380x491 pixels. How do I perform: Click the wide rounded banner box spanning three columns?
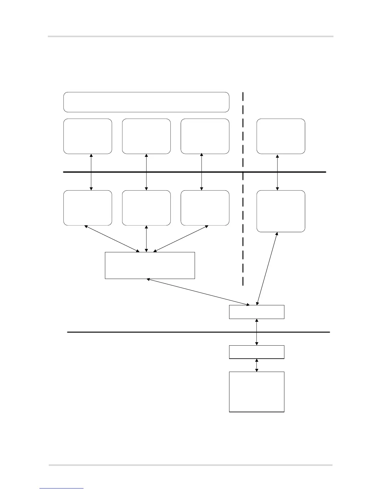[x=146, y=102]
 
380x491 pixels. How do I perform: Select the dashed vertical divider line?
[x=243, y=217]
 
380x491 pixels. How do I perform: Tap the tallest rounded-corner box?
[x=281, y=211]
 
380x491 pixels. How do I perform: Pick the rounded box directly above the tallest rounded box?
[x=281, y=136]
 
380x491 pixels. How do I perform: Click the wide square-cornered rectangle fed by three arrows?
[x=150, y=265]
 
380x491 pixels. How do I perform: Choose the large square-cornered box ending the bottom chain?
[x=256, y=392]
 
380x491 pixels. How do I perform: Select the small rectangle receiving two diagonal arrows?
[x=256, y=312]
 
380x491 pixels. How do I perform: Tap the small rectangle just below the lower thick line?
[x=256, y=352]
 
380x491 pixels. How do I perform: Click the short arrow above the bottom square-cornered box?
[x=256, y=365]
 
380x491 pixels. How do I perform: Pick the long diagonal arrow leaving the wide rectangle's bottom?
[x=198, y=292]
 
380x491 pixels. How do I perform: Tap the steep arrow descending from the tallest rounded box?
[x=267, y=268]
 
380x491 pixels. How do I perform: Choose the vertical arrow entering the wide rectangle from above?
[x=147, y=239]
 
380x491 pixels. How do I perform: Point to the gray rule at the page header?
[x=190, y=37]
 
